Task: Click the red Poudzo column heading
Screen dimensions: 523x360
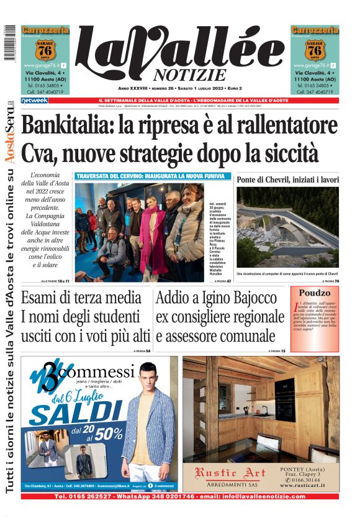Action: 314,293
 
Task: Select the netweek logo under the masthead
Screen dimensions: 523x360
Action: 34,100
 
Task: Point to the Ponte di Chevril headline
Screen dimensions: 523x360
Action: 288,180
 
